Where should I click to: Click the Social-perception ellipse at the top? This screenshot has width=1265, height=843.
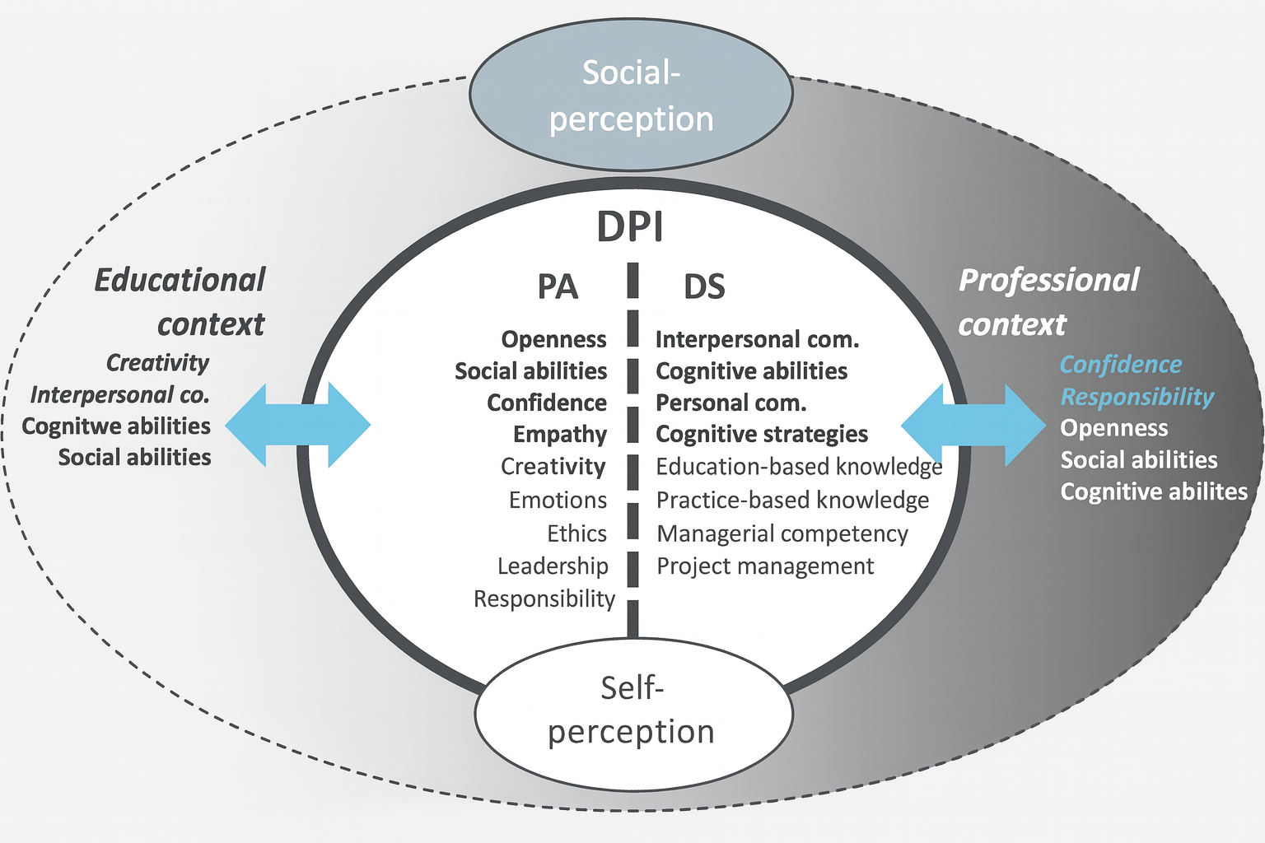(x=631, y=95)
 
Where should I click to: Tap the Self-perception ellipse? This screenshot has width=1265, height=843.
(x=632, y=710)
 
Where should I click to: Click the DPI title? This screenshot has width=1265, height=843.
(x=630, y=227)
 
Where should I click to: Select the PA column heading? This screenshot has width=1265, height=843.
(x=558, y=287)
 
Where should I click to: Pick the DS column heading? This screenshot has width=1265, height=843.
(x=704, y=287)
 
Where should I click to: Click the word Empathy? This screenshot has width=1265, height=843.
(x=560, y=434)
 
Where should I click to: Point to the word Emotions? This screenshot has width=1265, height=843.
(x=558, y=500)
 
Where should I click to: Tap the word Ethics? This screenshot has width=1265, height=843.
(x=576, y=533)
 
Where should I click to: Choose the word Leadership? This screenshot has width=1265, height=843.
(x=553, y=566)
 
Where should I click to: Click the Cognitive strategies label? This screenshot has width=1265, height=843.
(x=762, y=434)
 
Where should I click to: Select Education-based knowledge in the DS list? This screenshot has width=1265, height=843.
(x=799, y=467)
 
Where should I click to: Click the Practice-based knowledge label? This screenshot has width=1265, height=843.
(x=792, y=500)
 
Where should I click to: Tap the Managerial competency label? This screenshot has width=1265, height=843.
(x=782, y=533)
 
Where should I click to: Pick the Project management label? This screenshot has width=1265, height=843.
(x=765, y=566)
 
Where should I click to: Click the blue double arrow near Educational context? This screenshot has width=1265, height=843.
(x=297, y=426)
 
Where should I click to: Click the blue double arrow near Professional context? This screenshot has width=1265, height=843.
(x=973, y=426)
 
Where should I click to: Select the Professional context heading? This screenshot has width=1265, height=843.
(x=1048, y=302)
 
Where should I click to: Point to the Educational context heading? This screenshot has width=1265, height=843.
(x=180, y=302)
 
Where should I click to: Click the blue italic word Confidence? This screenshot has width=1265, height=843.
(x=1120, y=364)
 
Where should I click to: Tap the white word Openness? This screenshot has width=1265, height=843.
(x=1113, y=428)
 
